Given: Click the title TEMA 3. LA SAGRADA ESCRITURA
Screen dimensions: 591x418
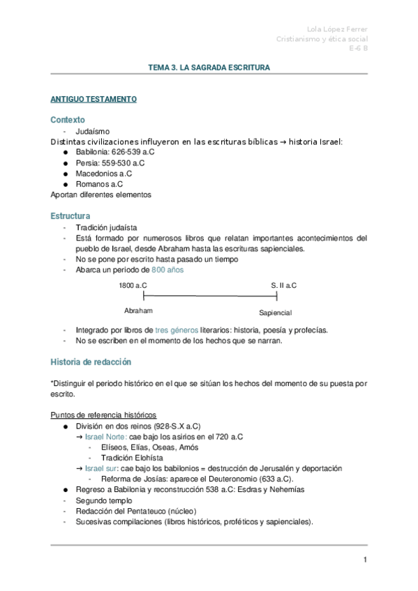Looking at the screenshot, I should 209,68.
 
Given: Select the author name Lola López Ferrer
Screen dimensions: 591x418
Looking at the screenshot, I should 337,29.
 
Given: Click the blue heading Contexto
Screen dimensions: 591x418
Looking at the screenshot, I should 68,120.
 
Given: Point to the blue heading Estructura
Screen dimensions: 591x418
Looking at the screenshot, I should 70,216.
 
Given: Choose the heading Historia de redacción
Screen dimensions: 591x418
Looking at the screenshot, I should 91,362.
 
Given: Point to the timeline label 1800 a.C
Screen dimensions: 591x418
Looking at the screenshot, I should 133,286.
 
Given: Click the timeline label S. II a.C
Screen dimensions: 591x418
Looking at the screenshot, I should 283,286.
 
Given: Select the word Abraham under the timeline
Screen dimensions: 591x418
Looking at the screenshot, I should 138,311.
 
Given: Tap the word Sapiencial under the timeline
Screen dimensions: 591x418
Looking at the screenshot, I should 275,313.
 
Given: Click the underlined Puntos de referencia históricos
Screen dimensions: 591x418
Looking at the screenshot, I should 103,415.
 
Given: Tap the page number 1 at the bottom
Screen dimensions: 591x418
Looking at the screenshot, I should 364,560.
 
